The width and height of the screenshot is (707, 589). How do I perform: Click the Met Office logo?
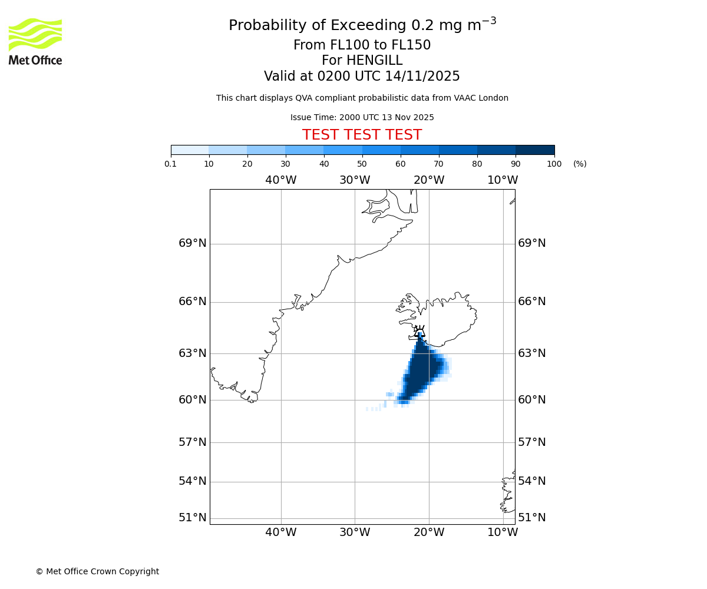tap(35, 41)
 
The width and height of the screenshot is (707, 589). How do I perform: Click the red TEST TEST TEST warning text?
tap(362, 135)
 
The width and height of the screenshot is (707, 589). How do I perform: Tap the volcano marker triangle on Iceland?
tap(419, 332)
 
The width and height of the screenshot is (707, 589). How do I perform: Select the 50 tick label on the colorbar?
tap(362, 164)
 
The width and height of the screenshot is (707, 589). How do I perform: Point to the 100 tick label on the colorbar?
tap(554, 164)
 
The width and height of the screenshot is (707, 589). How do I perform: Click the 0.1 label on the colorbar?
tap(171, 164)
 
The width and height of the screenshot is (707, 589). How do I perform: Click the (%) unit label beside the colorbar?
tap(580, 164)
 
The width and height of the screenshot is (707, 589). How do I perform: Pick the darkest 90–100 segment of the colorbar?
tap(535, 150)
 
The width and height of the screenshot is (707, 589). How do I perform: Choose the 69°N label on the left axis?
tap(193, 243)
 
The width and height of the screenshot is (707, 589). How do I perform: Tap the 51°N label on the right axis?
tap(531, 518)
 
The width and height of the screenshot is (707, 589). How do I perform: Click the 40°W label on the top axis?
tap(280, 180)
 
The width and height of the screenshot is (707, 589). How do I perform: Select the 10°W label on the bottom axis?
tap(503, 532)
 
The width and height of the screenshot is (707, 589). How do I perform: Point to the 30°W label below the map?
tap(355, 532)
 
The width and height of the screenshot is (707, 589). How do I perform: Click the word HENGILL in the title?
tap(374, 61)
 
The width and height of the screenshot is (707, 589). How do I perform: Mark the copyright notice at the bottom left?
tap(97, 571)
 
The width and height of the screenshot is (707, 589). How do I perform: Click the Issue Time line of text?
tap(362, 118)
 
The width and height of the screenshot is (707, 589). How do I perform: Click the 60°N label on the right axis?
tap(531, 400)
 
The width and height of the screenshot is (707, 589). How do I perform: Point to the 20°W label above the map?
tap(428, 180)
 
